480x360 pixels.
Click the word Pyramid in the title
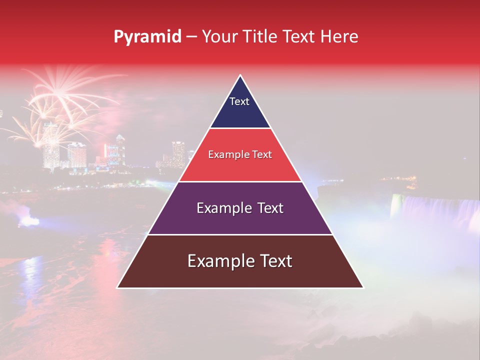click(147, 37)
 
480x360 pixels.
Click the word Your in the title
click(219, 37)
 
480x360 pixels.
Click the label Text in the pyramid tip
click(239, 101)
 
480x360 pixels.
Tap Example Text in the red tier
click(240, 154)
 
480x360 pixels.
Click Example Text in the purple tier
click(240, 207)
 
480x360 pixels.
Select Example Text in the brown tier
click(240, 261)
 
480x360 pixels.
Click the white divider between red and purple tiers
click(240, 181)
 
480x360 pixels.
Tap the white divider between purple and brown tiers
click(240, 234)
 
